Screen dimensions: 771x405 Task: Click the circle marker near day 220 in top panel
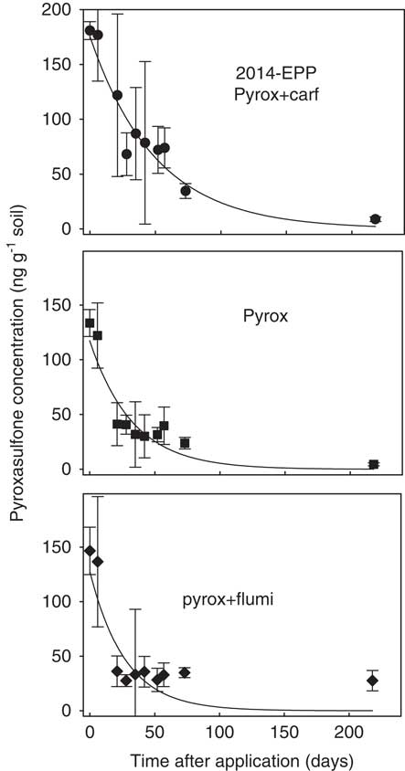point(375,219)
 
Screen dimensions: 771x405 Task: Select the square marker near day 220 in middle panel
point(373,465)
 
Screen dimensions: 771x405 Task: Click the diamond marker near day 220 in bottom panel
point(372,681)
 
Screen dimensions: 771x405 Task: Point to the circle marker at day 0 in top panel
point(90,30)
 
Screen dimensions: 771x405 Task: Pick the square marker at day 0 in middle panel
point(90,322)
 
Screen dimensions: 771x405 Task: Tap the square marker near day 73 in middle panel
point(185,443)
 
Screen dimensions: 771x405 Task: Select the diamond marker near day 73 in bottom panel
point(185,672)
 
